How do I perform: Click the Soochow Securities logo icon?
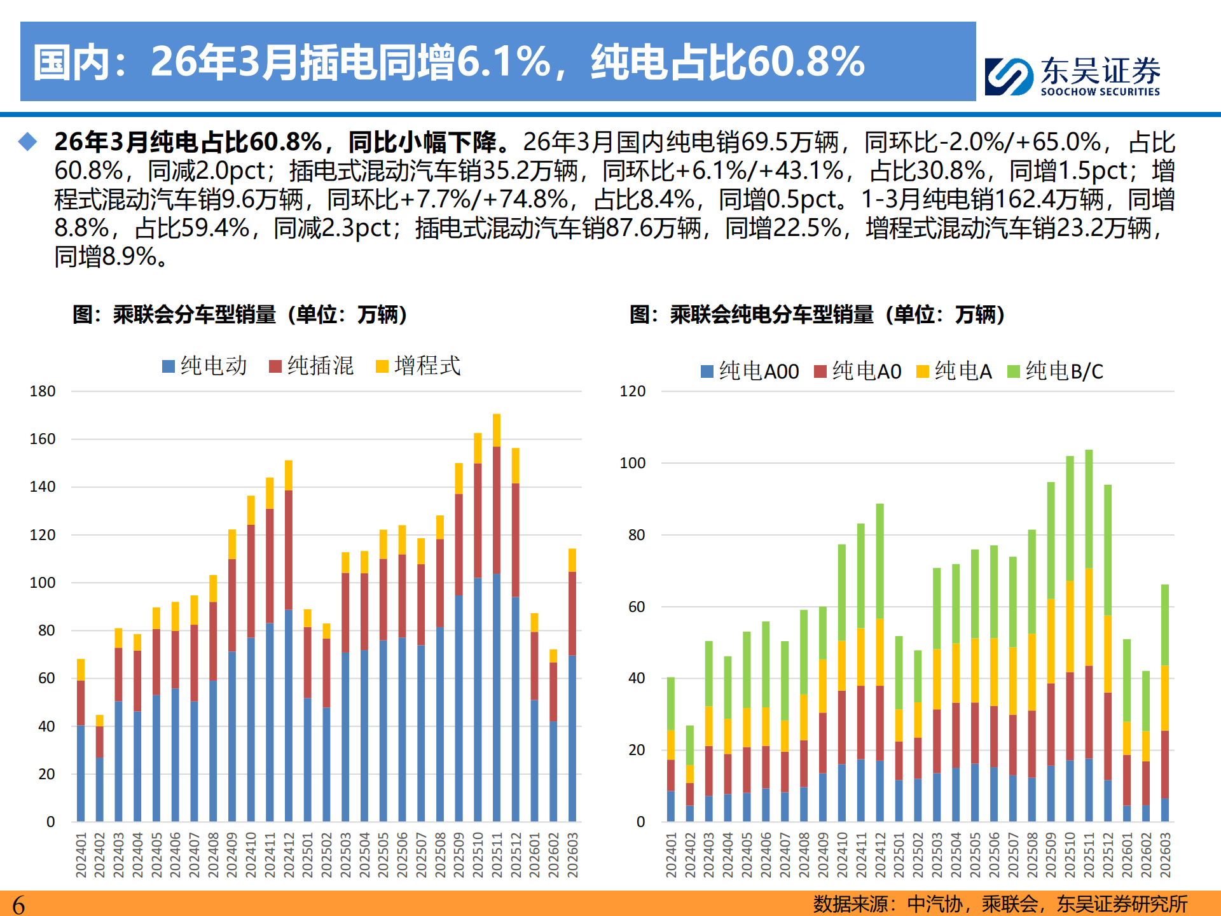[1008, 76]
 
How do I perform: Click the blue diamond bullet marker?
[28, 141]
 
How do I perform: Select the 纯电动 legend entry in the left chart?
[205, 366]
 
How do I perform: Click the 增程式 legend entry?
[418, 366]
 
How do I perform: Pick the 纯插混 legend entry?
[312, 366]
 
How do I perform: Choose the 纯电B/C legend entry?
[1056, 371]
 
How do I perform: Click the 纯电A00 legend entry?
[750, 371]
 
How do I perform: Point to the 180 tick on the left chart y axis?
[43, 391]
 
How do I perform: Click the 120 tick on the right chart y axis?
[632, 391]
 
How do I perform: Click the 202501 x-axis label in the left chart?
[308, 855]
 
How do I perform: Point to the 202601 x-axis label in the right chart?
[1127, 855]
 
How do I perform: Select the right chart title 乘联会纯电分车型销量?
[817, 314]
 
